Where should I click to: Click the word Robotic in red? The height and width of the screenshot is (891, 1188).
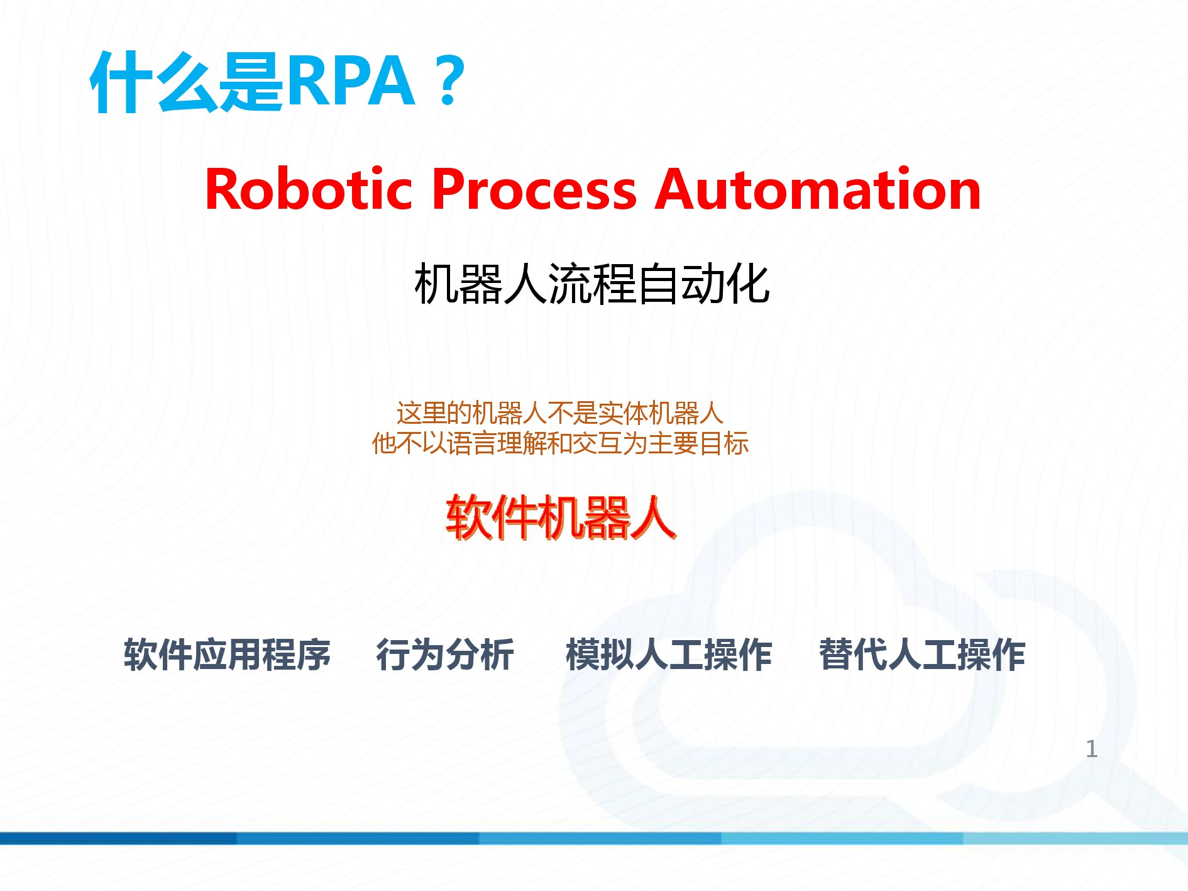tap(309, 189)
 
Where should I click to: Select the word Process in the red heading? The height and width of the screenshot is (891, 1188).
tap(534, 189)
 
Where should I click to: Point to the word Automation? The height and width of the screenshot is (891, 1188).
tap(818, 189)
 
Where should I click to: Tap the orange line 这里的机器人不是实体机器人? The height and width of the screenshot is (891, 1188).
tap(560, 413)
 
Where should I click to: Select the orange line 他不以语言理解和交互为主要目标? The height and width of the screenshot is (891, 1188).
tap(560, 443)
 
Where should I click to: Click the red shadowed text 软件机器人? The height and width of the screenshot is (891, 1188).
tap(561, 517)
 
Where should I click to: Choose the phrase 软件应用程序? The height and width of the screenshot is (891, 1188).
tap(227, 655)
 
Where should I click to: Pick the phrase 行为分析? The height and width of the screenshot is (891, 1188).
tap(445, 655)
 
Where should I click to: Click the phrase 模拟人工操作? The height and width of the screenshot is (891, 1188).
tap(669, 655)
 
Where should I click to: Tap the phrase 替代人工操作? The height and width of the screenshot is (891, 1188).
tap(922, 655)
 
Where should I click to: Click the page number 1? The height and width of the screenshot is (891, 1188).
tap(1092, 748)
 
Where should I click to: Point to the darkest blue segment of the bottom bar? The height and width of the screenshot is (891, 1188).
tap(118, 838)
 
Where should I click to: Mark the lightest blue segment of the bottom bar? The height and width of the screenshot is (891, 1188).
tap(1075, 838)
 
